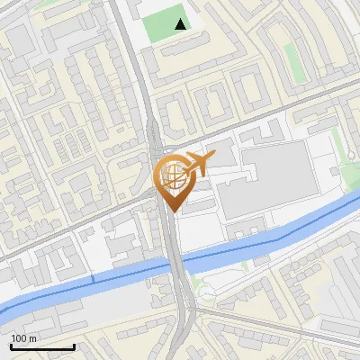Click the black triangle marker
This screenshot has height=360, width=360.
coord(182,24)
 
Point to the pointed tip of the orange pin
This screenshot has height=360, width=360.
coord(171,212)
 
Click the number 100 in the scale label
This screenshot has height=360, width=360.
coord(19,338)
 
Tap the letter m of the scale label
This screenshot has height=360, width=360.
coord(32,338)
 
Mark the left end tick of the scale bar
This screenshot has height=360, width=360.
coord(11,345)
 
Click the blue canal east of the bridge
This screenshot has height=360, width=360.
coord(270,237)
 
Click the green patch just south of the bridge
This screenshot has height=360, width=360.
coord(202,290)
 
